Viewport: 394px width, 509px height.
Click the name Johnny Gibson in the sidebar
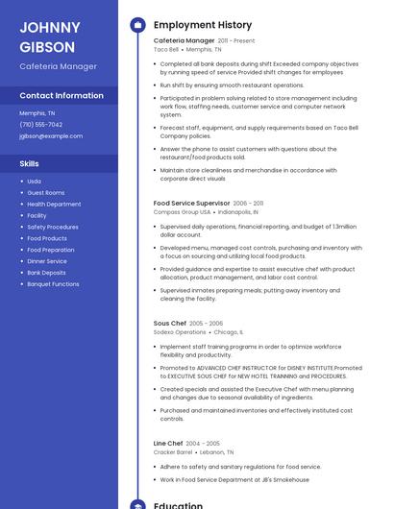tap(47, 36)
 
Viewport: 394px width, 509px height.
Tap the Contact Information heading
tap(62, 96)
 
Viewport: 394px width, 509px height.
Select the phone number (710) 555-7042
tap(40, 124)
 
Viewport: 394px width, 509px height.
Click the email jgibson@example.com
tap(51, 135)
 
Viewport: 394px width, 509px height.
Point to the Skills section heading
tap(29, 163)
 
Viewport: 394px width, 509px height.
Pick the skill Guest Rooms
tap(46, 193)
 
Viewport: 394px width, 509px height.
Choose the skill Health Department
tap(54, 205)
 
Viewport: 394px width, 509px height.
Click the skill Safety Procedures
tap(53, 227)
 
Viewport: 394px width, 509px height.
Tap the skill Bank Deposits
tap(46, 273)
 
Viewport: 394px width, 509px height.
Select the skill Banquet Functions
tap(53, 284)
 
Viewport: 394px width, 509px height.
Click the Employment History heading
tap(203, 25)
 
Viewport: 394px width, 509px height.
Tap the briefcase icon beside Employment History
tap(136, 25)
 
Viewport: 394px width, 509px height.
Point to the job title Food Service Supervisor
tap(191, 204)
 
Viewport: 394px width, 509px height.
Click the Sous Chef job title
tap(169, 324)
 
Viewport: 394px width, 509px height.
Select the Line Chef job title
tap(168, 444)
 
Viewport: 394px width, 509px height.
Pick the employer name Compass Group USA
tap(182, 212)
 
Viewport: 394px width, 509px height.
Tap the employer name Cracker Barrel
tap(173, 452)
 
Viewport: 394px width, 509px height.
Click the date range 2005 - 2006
tap(206, 324)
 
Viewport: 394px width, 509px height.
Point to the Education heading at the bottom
tap(178, 504)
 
